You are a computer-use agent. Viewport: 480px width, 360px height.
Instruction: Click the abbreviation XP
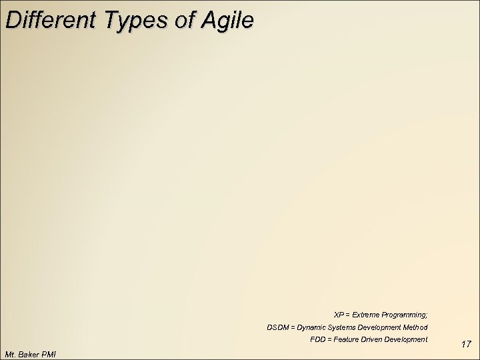[339, 314]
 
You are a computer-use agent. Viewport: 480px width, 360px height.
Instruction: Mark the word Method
[417, 327]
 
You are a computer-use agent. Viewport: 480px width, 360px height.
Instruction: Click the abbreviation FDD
[318, 340]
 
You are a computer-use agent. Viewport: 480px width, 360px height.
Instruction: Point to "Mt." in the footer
[10, 353]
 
